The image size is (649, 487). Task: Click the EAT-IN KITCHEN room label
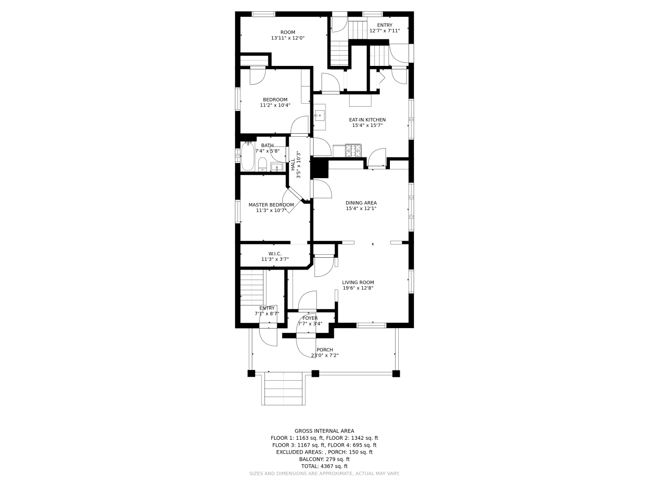(367, 120)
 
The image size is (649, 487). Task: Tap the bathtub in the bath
(247, 156)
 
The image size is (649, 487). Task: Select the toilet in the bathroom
(263, 164)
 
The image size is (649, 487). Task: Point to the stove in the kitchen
(354, 151)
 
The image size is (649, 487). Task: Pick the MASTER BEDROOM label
(271, 205)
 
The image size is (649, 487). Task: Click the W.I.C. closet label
(275, 254)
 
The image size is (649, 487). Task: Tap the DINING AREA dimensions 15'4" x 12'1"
(361, 209)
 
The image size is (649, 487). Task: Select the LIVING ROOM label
(358, 282)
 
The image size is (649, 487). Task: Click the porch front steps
(283, 389)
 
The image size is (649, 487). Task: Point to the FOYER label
(310, 318)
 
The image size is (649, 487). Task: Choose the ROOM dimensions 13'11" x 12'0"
(288, 38)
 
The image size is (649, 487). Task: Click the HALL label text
(293, 165)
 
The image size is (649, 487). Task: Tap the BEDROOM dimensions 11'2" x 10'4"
(275, 105)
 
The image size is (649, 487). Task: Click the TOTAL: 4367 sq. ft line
(324, 466)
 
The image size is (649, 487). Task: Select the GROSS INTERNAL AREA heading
(324, 431)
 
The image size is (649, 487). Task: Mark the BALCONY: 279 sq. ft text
(324, 459)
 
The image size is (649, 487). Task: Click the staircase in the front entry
(252, 288)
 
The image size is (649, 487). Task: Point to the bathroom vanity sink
(277, 167)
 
